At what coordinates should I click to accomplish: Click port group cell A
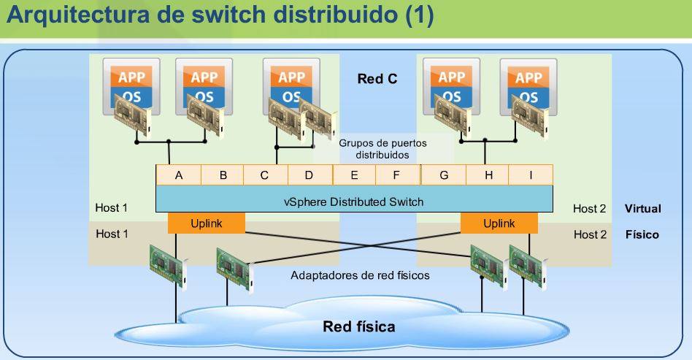pos(179,175)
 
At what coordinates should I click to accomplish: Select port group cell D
pos(310,175)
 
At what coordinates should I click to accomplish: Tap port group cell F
pos(398,175)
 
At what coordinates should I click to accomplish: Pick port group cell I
pos(531,175)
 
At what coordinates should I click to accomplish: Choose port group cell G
pos(444,175)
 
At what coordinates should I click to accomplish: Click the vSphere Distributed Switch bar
pos(354,201)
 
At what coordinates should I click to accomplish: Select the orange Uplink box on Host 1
pos(206,223)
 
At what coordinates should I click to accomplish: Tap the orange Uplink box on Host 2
pos(499,223)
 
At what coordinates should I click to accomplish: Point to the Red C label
pos(377,79)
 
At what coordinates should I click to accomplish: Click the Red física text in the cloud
pos(358,326)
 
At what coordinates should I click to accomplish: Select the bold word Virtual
pos(642,209)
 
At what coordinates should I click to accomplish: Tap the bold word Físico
pos(642,234)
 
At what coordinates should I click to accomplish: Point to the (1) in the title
pos(419,15)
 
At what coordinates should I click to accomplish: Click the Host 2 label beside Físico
pos(590,234)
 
